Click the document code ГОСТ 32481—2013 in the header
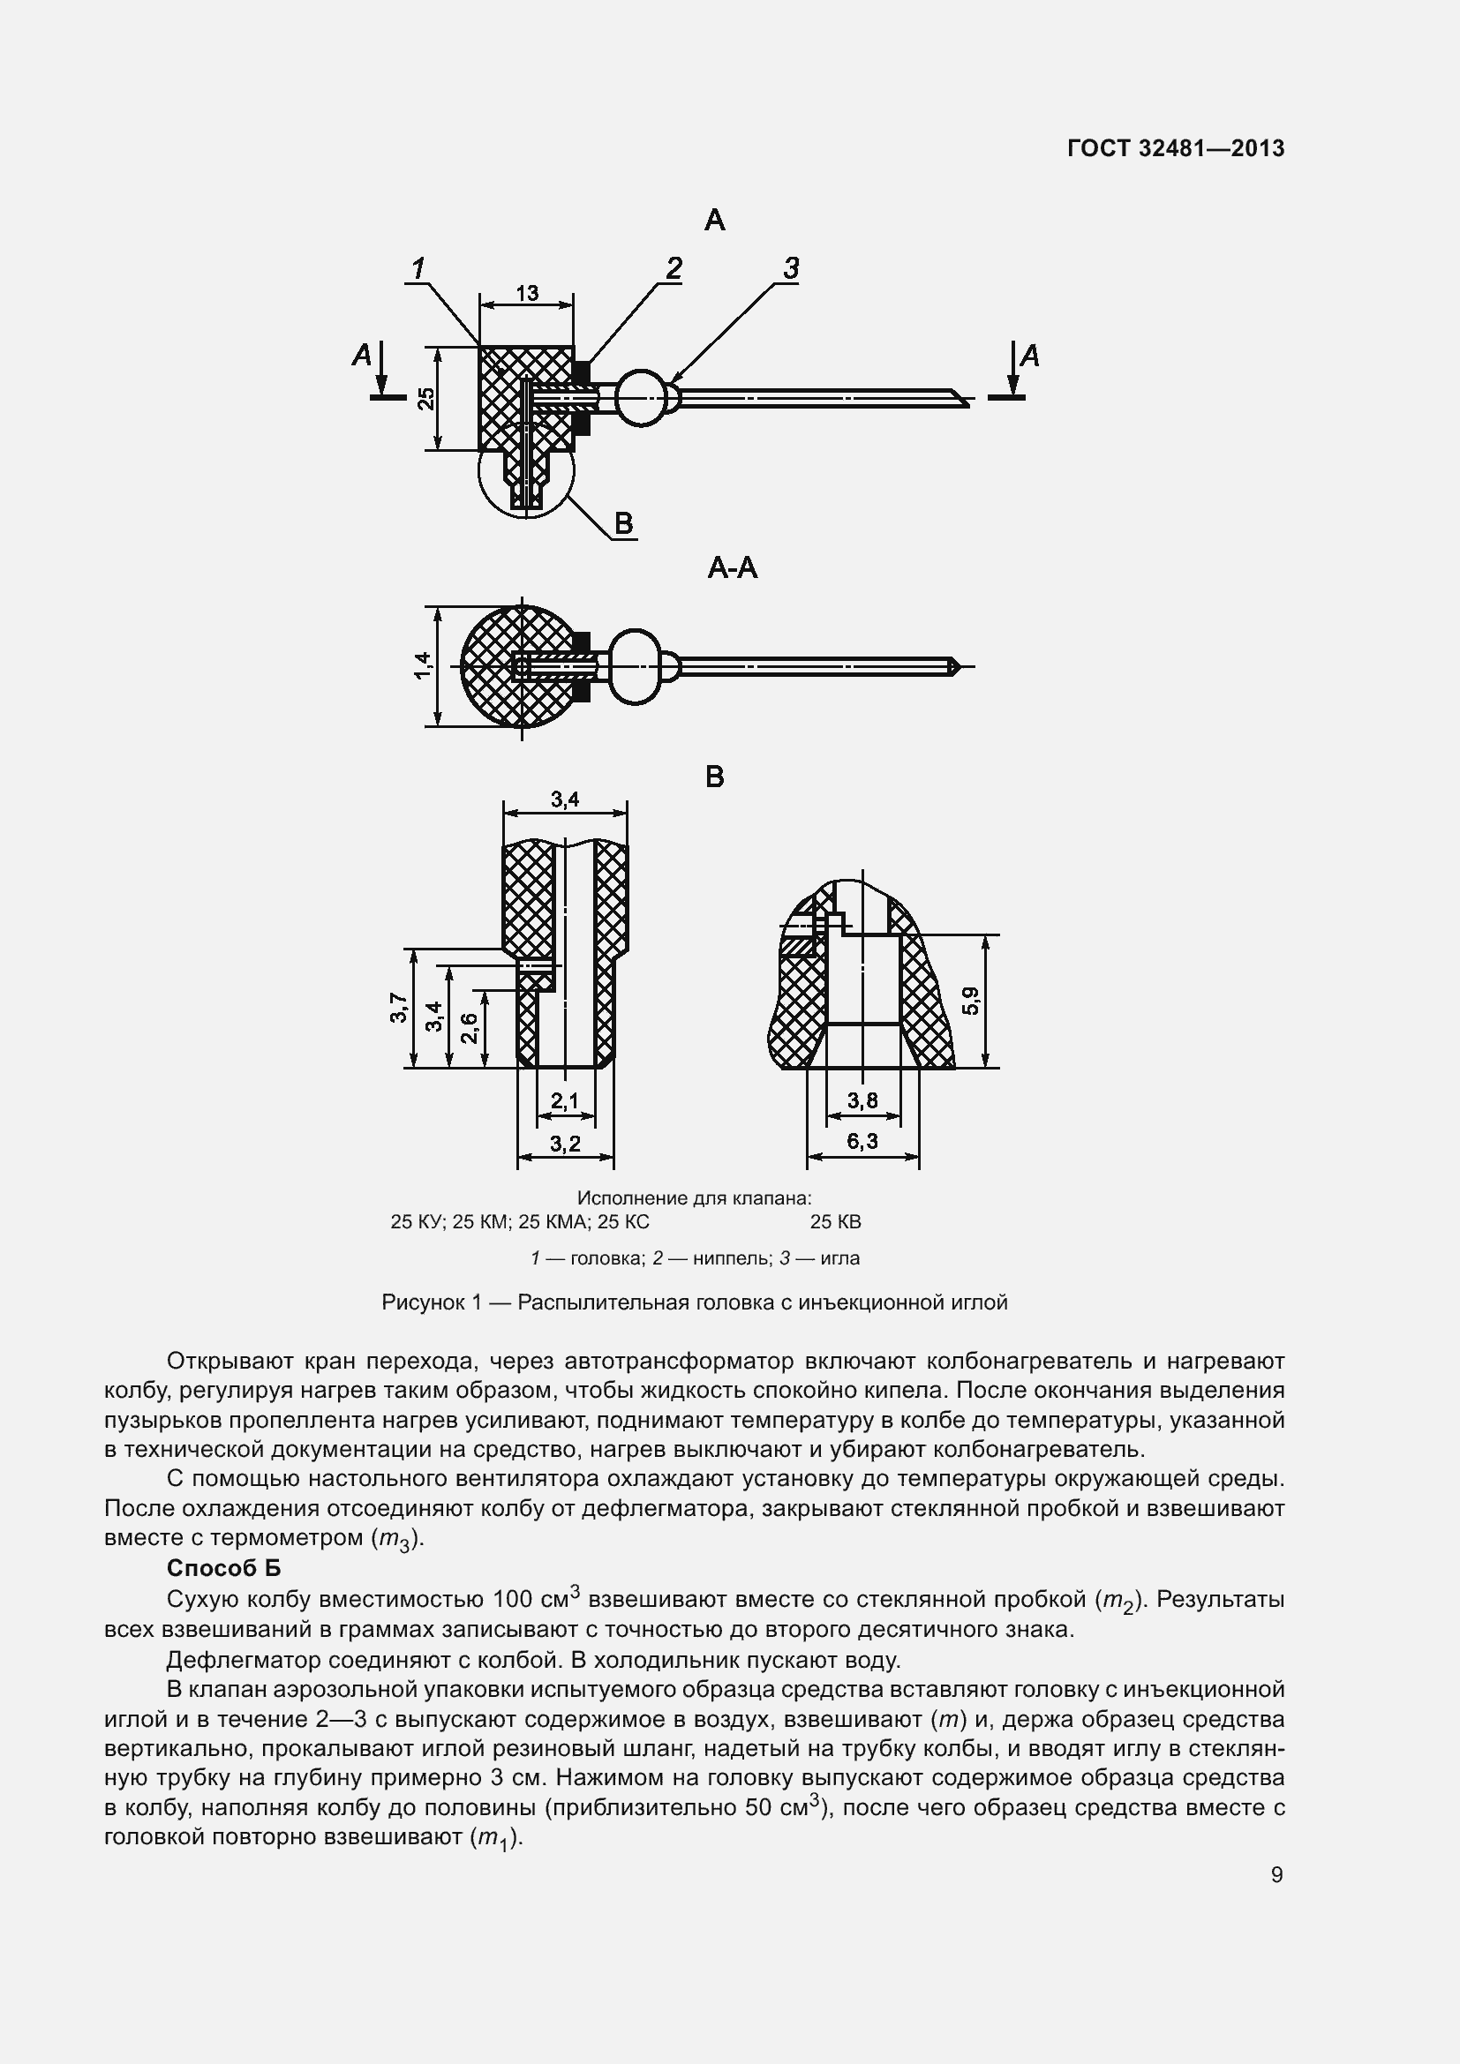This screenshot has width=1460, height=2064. tap(1176, 148)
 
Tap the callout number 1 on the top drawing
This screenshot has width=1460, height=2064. tap(418, 268)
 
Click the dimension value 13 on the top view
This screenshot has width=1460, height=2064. tap(527, 293)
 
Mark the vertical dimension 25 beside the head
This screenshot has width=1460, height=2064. tap(427, 398)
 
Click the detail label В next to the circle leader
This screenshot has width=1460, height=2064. tap(623, 523)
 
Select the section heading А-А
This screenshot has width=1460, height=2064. tap(732, 568)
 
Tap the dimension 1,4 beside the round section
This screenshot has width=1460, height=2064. tap(423, 665)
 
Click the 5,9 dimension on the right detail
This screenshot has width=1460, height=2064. tap(971, 1001)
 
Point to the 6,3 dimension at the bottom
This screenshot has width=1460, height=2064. tap(862, 1142)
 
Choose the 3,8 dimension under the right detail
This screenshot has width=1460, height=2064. tap(862, 1100)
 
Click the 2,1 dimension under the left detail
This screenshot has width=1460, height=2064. tap(565, 1100)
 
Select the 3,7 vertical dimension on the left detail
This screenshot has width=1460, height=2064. tap(397, 1008)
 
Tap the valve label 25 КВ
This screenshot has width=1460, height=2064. tap(835, 1221)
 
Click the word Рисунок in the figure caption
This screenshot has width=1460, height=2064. tap(420, 1302)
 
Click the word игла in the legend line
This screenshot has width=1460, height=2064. tap(839, 1258)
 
